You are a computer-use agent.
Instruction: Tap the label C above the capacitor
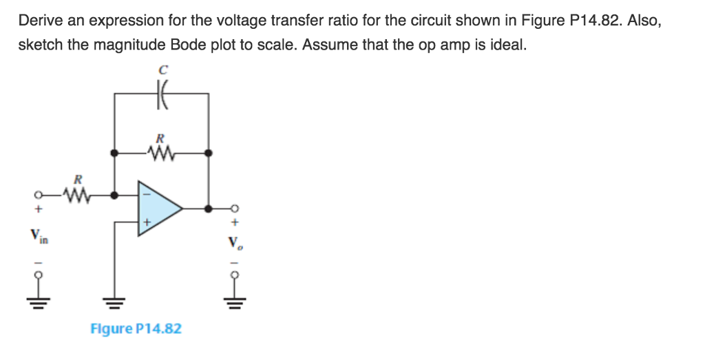162,70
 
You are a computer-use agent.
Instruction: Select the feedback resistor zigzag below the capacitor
162,151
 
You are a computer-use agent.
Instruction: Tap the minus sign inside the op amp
145,194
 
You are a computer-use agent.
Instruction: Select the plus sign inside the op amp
146,223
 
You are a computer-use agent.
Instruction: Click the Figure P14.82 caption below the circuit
136,328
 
